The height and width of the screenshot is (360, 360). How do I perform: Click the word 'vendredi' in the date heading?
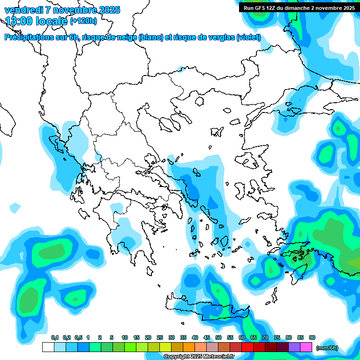[23, 10]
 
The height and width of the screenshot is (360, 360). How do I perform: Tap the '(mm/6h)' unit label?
[327, 348]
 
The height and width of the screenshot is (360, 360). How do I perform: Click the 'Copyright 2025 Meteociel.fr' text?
[199, 357]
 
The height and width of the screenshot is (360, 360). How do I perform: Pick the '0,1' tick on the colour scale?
[54, 338]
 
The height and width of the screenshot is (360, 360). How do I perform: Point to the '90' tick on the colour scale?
[312, 338]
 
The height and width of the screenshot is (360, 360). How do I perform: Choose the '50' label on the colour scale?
[218, 338]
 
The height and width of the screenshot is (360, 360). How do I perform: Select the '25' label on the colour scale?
[160, 338]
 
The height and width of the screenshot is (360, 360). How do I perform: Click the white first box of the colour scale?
[48, 347]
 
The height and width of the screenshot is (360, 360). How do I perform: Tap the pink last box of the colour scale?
[306, 347]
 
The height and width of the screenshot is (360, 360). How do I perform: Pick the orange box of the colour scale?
[189, 347]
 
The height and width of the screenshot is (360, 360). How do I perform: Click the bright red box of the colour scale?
[247, 347]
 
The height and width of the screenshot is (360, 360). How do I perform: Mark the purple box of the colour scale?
[294, 347]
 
